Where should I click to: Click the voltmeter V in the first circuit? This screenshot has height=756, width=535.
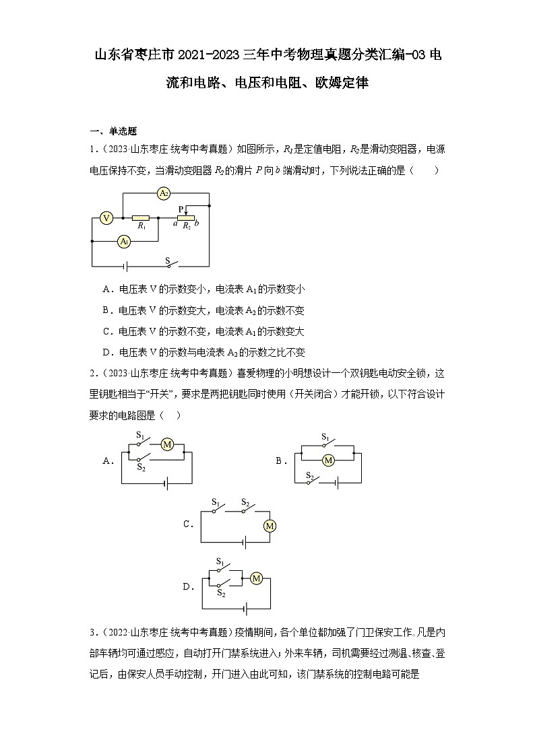pos(106,217)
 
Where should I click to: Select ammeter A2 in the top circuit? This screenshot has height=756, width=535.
pos(163,194)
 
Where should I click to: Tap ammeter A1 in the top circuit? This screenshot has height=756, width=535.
pos(123,240)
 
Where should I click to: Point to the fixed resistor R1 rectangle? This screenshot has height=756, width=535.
pos(140,218)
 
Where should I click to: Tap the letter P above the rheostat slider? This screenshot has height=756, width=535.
pos(181,209)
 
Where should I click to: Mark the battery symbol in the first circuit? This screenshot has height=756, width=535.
pos(125,266)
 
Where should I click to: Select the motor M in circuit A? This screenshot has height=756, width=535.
pos(167,444)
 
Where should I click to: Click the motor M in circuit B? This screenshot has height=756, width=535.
pos(328,460)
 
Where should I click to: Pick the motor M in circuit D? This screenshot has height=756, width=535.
pos(256,578)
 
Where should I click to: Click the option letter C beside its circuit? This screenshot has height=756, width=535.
pos(188,524)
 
